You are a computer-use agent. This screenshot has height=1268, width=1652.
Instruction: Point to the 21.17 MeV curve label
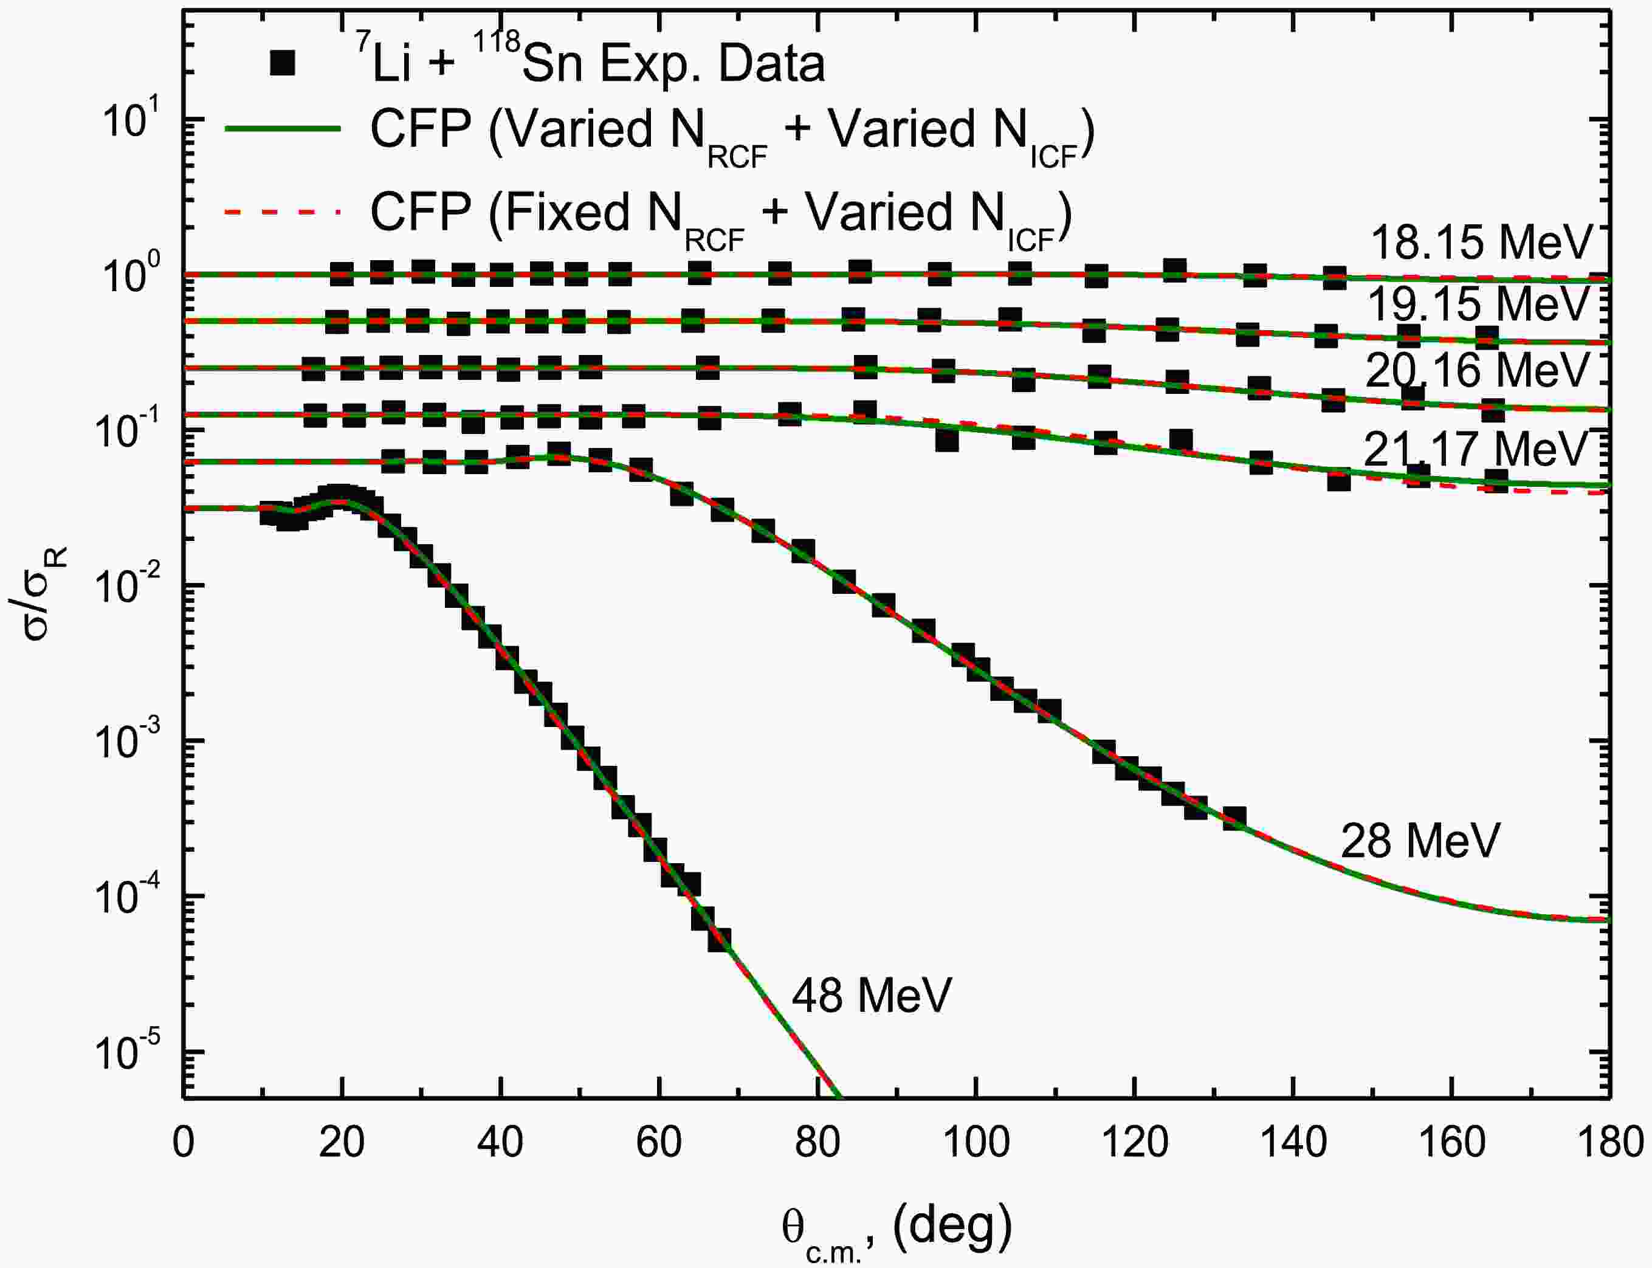(x=1475, y=449)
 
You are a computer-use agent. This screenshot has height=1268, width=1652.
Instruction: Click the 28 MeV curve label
(x=1420, y=841)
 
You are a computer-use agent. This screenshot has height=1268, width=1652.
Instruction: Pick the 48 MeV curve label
(x=872, y=996)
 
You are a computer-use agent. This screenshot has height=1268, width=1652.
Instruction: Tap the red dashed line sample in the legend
(x=283, y=212)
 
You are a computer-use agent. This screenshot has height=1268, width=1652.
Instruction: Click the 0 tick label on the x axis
(x=184, y=1143)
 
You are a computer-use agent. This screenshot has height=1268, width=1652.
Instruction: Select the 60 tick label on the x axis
(x=659, y=1143)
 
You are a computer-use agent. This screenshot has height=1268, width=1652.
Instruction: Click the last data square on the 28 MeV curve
(x=1234, y=819)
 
